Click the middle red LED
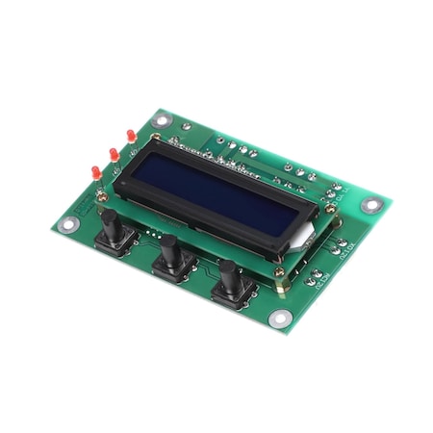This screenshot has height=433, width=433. pos(112,155)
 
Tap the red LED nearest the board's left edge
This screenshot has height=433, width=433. pos(96,170)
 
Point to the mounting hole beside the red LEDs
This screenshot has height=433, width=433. pos(160,122)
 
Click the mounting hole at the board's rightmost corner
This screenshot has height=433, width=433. pos(369,205)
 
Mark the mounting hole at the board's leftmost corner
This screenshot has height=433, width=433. pos(67,224)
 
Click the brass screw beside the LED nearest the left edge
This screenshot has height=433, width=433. pos(108,187)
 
